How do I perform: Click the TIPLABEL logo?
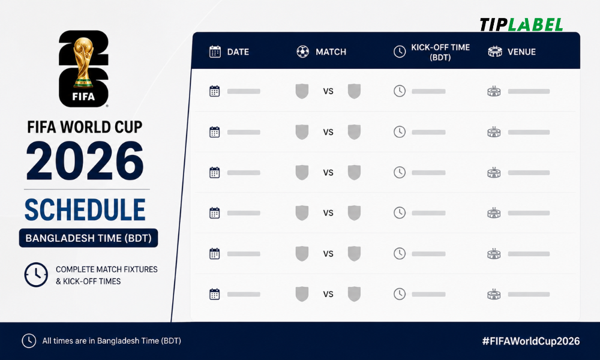click(521, 25)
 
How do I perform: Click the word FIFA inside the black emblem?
click(83, 97)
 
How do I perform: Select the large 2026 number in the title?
click(85, 161)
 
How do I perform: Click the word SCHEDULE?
click(85, 209)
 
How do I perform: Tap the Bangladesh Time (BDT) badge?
click(88, 238)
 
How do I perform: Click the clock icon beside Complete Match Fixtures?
click(36, 275)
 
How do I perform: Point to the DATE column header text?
click(238, 52)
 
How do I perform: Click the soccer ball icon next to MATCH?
click(302, 52)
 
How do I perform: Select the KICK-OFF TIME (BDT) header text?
click(440, 52)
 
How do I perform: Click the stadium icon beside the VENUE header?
click(495, 52)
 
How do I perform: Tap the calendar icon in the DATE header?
click(215, 52)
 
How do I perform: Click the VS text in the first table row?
click(328, 91)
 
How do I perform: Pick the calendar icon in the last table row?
click(215, 294)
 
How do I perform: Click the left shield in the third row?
click(302, 173)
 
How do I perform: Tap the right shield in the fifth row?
click(355, 254)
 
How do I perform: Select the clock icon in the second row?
click(400, 132)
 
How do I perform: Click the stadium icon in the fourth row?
click(494, 213)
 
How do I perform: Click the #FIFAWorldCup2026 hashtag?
click(531, 341)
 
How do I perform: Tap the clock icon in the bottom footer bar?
click(29, 341)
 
